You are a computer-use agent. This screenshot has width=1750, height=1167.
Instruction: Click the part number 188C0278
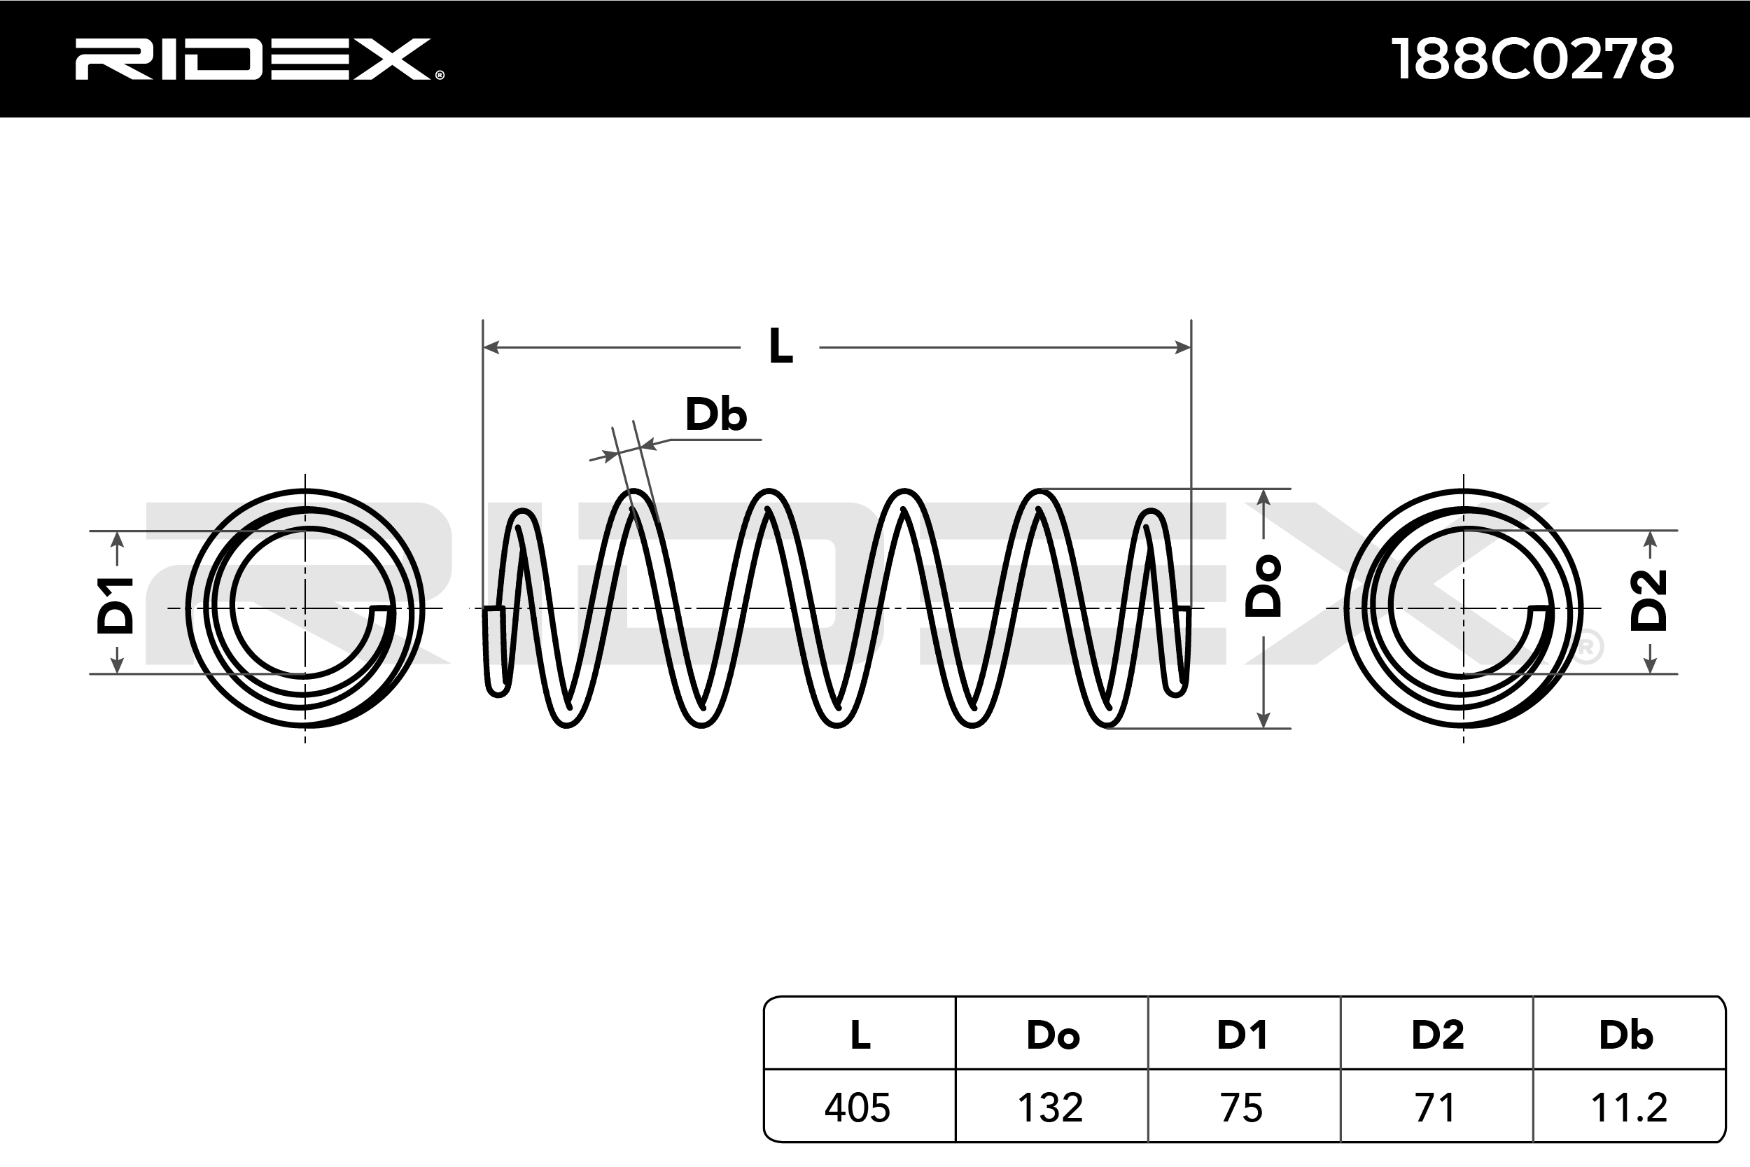pos(1532,59)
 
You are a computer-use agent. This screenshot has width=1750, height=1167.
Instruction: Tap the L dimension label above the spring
pos(780,347)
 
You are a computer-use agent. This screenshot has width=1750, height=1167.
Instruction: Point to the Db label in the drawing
pos(715,414)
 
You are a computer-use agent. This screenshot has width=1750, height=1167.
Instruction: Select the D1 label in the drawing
pos(115,605)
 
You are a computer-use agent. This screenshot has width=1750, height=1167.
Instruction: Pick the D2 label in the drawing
pos(1648,601)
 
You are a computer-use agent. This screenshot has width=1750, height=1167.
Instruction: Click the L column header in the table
pos(860,1035)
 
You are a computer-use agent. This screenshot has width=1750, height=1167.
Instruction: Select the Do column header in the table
pos(1052,1035)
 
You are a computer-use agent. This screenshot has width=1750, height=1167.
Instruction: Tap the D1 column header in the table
pos(1242,1035)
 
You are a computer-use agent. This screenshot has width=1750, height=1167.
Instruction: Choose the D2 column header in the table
pos(1437,1035)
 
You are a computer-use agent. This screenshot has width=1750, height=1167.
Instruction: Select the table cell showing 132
pos(1051,1107)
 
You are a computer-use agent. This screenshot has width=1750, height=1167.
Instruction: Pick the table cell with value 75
pos(1242,1107)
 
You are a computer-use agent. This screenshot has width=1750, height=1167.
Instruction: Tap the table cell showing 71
pos(1434,1107)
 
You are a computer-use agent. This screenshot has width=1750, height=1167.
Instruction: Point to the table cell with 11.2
pos(1629,1107)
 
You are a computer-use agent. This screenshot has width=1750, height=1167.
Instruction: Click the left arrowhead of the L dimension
pos(491,347)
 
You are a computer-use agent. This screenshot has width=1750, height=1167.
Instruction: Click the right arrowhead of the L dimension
pos(1182,347)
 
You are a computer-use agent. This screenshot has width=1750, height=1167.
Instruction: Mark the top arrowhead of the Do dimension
pos(1263,497)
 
